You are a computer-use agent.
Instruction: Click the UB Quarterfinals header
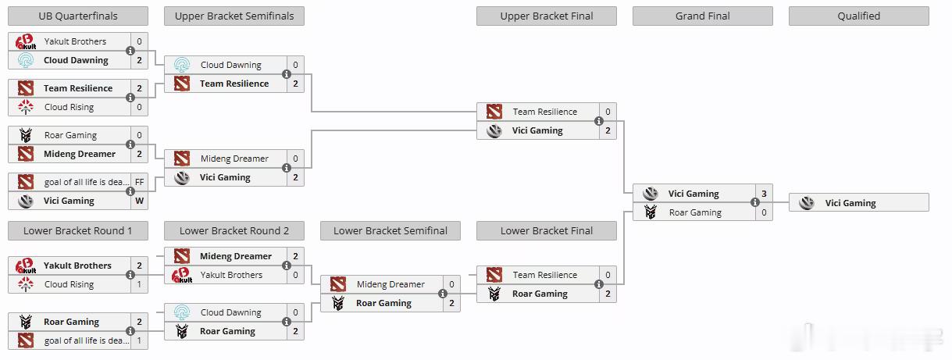click(x=77, y=16)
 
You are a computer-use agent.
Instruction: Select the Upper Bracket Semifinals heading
click(x=234, y=16)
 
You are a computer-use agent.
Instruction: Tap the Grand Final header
click(x=702, y=16)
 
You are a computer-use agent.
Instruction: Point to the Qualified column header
click(x=858, y=16)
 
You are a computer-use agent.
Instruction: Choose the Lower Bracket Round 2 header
click(x=234, y=231)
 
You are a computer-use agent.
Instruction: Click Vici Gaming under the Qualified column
click(x=850, y=203)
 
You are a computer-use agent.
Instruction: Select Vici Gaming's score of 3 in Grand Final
click(x=764, y=194)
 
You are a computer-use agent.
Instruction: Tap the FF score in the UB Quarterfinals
click(x=139, y=182)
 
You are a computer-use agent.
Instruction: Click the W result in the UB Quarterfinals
click(x=139, y=201)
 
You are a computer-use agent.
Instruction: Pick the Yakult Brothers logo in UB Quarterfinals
click(x=26, y=41)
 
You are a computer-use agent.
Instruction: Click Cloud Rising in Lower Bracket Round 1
click(x=69, y=284)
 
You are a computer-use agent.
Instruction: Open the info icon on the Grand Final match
click(x=755, y=203)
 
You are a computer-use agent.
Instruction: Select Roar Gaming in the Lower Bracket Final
click(x=540, y=294)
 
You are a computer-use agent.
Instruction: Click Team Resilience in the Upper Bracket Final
click(x=544, y=112)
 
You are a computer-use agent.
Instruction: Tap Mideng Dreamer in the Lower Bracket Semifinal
click(x=390, y=284)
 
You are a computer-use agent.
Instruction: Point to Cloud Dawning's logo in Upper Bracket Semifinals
click(x=182, y=65)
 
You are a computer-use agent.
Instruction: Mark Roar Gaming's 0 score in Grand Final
click(x=764, y=212)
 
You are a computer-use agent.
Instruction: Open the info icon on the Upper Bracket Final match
click(x=599, y=121)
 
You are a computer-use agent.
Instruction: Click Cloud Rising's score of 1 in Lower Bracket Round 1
click(x=139, y=284)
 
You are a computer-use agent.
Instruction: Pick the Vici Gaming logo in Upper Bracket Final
click(x=494, y=130)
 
